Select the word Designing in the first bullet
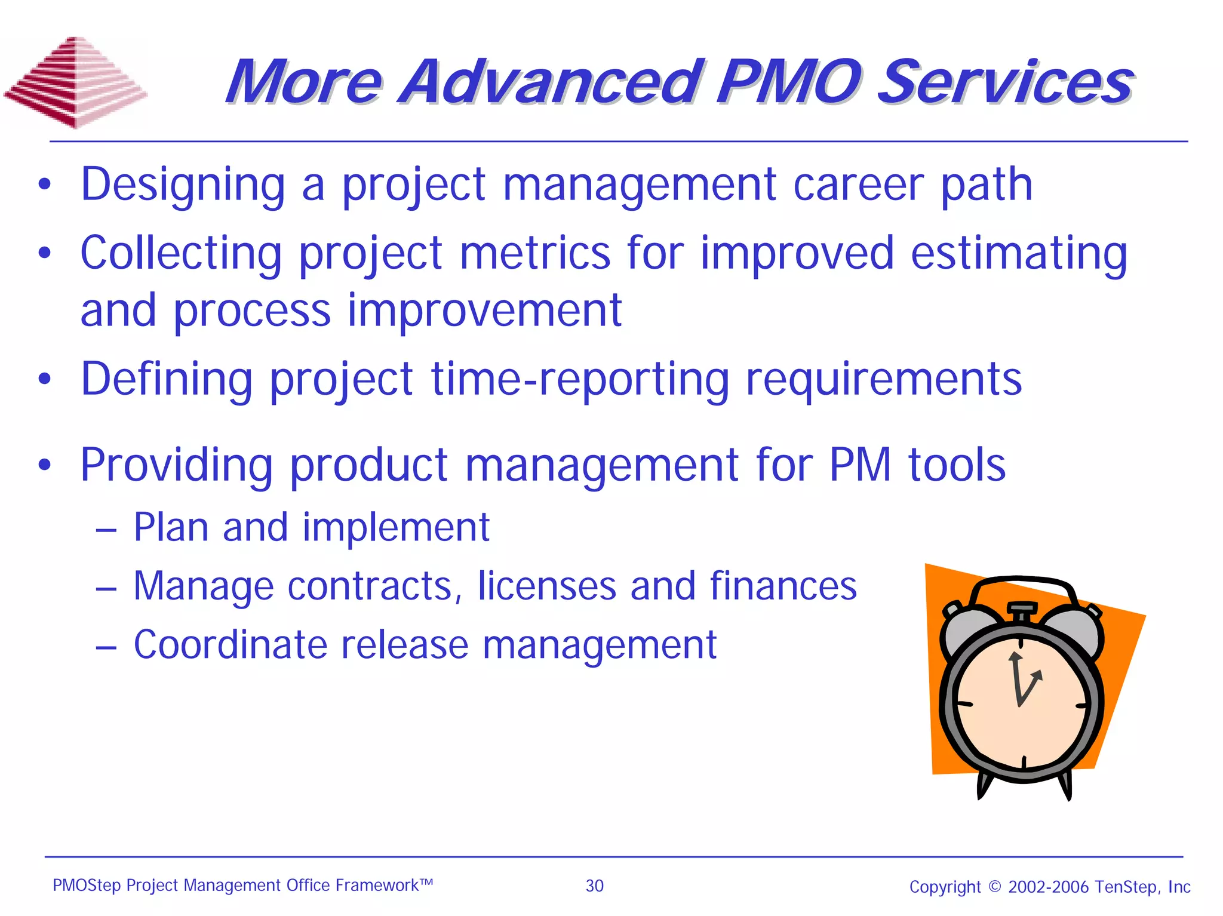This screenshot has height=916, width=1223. click(183, 185)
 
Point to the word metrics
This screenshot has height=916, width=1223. click(535, 253)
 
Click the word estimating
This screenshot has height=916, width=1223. click(1019, 254)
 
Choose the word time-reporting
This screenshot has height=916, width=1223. click(580, 380)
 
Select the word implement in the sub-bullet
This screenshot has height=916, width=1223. click(396, 528)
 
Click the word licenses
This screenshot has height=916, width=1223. click(546, 586)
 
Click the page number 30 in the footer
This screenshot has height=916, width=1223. click(594, 886)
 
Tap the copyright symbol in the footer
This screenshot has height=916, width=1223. click(994, 886)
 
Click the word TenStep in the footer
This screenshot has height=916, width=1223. click(1129, 886)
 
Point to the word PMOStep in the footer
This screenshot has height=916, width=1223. click(87, 885)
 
